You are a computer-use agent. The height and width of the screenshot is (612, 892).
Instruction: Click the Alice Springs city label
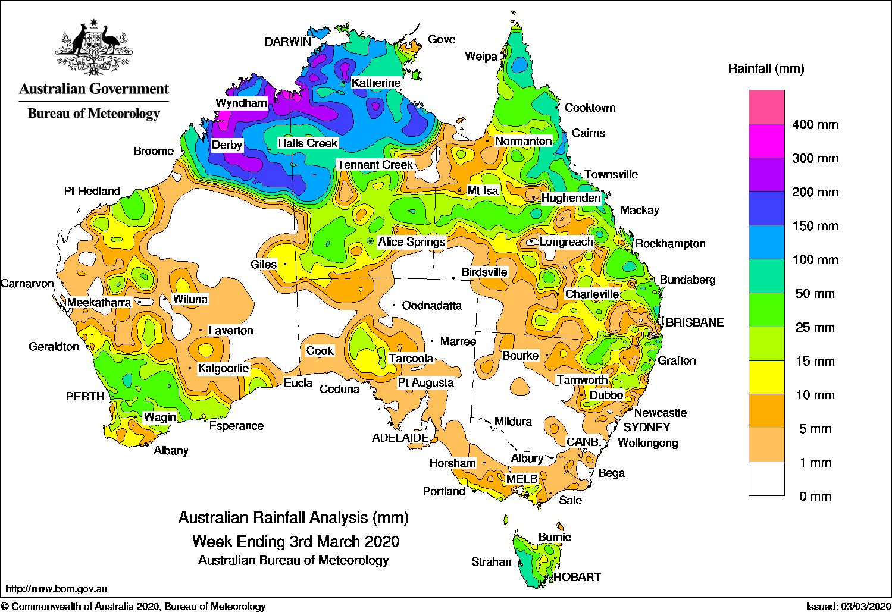[x=411, y=242]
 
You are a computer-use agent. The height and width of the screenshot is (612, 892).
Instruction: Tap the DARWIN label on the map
[x=288, y=42]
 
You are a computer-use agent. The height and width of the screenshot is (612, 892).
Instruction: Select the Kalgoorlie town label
[x=223, y=369]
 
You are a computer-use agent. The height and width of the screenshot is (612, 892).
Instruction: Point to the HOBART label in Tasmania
[x=577, y=577]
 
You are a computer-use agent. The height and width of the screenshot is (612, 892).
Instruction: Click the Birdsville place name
[x=484, y=272]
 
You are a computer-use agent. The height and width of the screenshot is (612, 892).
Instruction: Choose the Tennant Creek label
[x=375, y=165]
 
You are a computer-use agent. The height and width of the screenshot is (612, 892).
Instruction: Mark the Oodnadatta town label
[x=431, y=306]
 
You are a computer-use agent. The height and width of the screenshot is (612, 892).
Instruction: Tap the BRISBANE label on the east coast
[x=694, y=322]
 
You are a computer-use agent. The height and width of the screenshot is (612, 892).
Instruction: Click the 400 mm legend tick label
[x=815, y=125]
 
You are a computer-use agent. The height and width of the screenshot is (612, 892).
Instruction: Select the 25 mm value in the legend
[x=815, y=328]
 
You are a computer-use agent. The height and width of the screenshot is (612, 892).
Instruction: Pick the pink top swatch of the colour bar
[x=766, y=107]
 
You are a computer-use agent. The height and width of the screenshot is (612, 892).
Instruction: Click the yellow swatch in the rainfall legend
[x=766, y=378]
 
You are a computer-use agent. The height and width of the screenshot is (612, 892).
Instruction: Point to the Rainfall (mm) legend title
[x=766, y=69]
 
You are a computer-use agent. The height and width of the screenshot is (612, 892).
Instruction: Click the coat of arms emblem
[x=93, y=48]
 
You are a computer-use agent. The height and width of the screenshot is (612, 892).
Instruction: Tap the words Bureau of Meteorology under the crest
[x=93, y=114]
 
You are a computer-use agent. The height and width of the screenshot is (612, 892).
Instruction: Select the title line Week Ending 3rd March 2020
[x=296, y=542]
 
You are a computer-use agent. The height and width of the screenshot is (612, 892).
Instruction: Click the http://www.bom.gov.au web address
[x=57, y=589]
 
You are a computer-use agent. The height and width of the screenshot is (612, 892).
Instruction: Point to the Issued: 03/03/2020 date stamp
[x=848, y=606]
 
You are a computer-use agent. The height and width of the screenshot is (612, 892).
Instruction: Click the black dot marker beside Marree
[x=433, y=341]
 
